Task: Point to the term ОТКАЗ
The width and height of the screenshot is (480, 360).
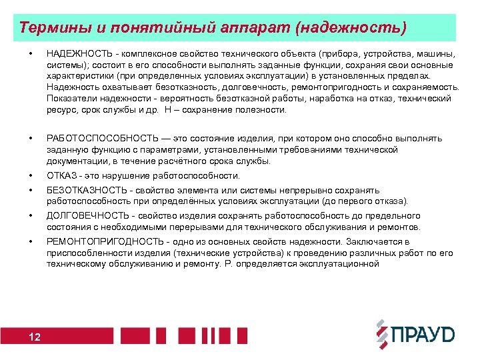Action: [x=61, y=176]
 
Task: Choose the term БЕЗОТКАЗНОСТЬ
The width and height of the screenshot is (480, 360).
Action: [x=83, y=190]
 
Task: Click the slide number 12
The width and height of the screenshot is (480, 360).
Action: [x=35, y=337]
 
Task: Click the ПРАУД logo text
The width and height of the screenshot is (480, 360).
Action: [x=423, y=334]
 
